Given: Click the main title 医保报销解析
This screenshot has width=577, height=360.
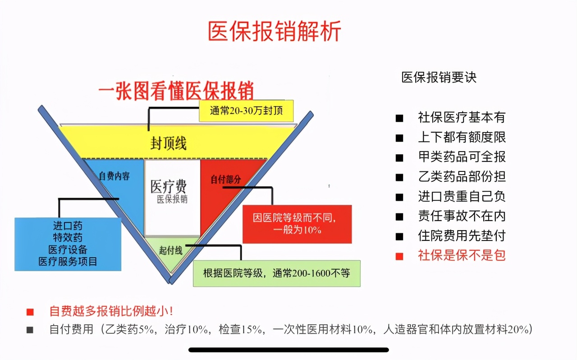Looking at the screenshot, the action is click(x=275, y=31).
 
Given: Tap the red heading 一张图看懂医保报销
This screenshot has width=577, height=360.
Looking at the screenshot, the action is click(x=176, y=91).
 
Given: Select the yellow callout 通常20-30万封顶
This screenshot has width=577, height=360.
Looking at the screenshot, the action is click(x=246, y=111).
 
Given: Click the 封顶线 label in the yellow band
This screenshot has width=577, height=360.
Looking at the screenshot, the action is click(x=168, y=143).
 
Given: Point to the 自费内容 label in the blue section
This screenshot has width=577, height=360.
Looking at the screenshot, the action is click(x=114, y=176).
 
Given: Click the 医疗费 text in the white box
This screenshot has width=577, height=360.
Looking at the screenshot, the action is click(x=169, y=186).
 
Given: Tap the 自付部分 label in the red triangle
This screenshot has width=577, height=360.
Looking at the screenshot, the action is click(x=226, y=179).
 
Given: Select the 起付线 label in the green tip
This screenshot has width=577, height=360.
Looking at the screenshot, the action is click(x=170, y=250).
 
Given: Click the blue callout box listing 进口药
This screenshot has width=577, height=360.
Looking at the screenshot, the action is click(x=68, y=244).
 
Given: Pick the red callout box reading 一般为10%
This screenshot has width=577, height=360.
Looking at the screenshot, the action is click(x=297, y=224).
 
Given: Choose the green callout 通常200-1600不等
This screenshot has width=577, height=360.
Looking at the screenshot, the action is click(x=277, y=273).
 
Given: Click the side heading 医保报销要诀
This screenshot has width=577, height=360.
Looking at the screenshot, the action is click(x=439, y=77).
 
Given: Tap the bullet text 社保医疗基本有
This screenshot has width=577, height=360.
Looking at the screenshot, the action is click(x=462, y=117).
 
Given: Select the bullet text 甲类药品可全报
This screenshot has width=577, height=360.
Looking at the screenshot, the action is click(x=462, y=157).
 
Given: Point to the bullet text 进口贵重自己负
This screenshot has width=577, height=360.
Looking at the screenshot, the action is click(x=462, y=196).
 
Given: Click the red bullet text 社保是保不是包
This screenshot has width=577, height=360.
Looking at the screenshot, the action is click(x=462, y=255).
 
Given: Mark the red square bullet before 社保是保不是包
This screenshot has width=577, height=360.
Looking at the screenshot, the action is click(x=399, y=256).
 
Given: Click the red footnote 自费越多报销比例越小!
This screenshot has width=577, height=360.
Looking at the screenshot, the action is click(x=111, y=311).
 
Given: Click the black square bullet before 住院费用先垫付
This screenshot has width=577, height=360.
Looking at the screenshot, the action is click(x=399, y=236).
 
